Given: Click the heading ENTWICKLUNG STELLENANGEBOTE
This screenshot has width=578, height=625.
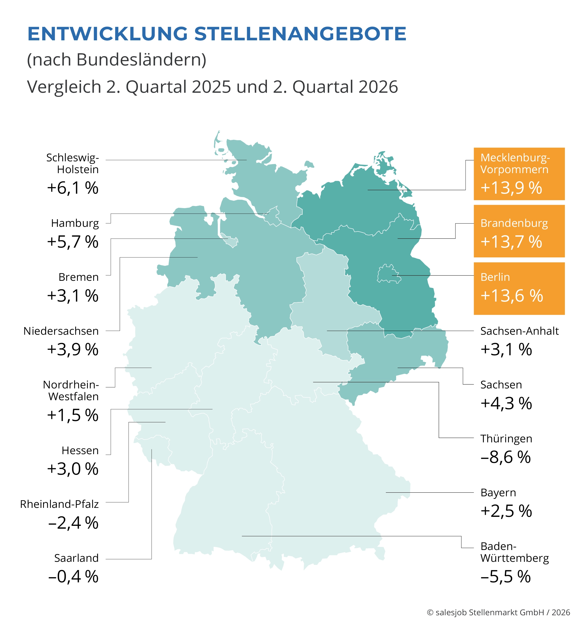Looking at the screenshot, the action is [217, 34].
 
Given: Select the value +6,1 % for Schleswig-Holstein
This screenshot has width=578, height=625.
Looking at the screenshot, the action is [72, 188].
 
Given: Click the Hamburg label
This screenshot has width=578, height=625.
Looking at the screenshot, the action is [75, 223].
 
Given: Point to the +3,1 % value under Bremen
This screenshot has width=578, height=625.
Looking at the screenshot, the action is [72, 296].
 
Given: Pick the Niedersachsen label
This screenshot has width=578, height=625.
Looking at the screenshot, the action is [61, 331].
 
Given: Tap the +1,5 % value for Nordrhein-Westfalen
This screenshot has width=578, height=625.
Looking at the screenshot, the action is [72, 415].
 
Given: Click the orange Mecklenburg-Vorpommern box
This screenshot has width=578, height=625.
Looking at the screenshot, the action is [519, 174].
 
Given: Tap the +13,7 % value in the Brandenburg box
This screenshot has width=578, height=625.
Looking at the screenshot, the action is [511, 242].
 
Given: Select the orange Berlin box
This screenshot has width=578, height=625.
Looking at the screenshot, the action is [519, 288].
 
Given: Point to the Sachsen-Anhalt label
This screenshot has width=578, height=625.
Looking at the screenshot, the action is [519, 331].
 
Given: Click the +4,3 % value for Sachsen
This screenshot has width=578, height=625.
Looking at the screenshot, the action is [506, 403].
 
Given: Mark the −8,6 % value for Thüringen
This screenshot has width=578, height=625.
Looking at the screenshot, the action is [506, 457].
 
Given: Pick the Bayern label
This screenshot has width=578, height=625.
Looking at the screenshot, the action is [498, 493].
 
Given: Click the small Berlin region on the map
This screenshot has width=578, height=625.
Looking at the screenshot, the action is [388, 274].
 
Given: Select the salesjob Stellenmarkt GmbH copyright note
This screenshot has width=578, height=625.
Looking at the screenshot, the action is [499, 612].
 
